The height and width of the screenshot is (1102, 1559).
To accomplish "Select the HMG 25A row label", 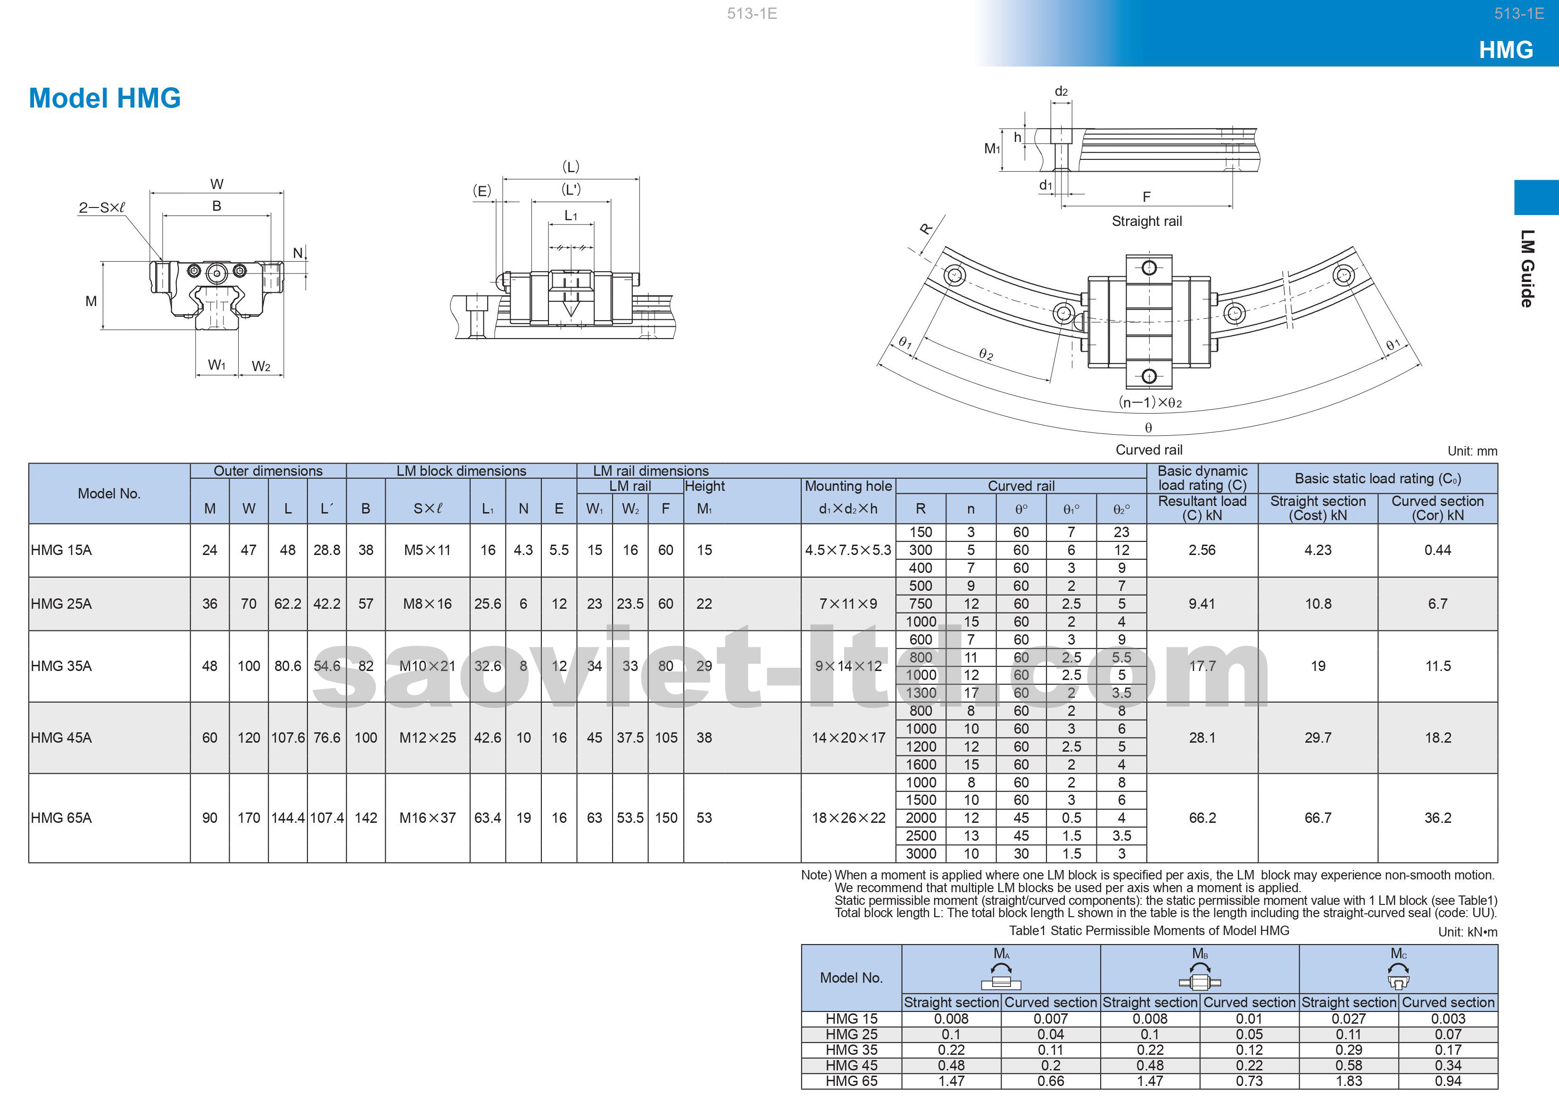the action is [61, 604].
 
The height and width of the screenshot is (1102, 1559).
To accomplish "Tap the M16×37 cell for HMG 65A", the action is [428, 818].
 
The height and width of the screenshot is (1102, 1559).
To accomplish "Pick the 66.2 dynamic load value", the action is [1202, 818].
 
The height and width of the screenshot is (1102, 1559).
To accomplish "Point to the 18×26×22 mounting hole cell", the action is [849, 818].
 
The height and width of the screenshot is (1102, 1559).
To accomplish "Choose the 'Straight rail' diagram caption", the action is [1147, 221].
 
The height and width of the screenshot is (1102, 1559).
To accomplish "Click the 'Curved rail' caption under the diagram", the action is [1149, 449].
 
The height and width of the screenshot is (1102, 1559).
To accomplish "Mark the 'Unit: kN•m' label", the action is [1468, 932].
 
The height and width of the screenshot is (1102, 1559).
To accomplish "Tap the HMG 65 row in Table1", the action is [852, 1081].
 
